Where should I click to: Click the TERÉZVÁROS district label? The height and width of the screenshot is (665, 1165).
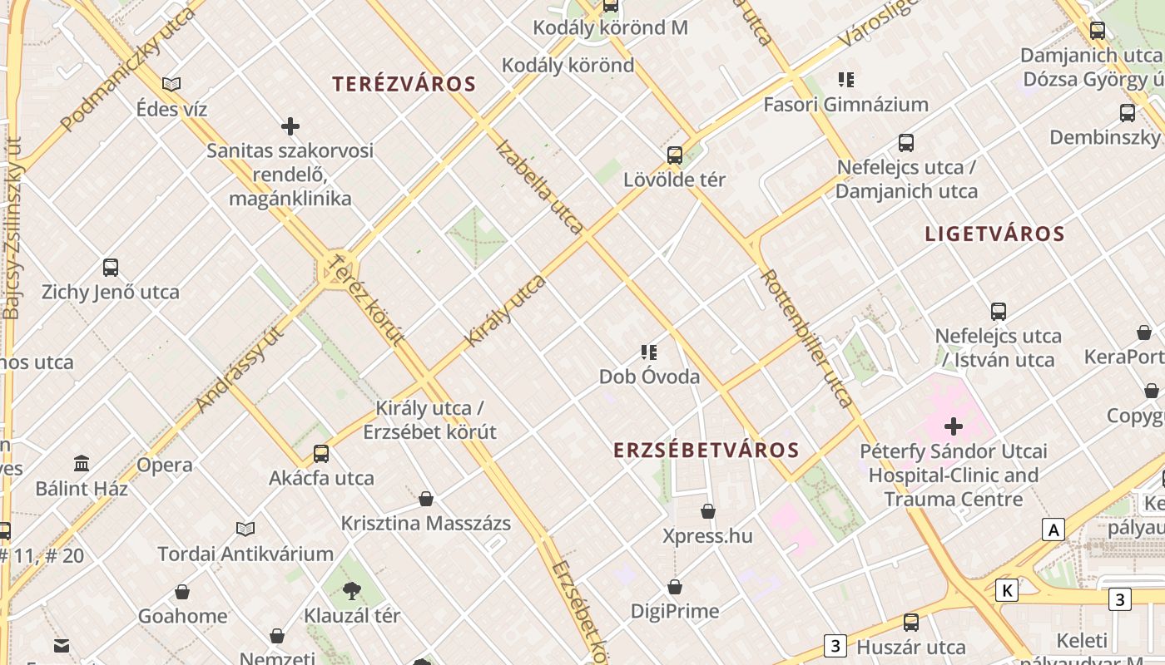(404, 84)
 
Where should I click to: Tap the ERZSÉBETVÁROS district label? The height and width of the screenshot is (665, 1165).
(706, 451)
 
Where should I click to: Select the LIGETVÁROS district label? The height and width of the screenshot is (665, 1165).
(994, 234)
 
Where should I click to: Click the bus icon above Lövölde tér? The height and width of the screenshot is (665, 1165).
(675, 155)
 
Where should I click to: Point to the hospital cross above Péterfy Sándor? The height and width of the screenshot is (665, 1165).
(954, 427)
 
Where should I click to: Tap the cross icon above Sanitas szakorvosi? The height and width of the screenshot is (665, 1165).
(290, 126)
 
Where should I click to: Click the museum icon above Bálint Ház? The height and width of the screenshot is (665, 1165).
(82, 463)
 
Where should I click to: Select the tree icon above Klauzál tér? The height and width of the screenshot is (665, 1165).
(352, 591)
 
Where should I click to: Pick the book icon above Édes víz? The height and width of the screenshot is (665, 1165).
(171, 84)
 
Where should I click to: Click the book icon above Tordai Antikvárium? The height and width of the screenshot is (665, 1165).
(245, 529)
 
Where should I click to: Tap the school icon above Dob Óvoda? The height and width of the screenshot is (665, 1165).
(649, 352)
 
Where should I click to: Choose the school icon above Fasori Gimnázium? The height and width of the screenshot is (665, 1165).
(846, 80)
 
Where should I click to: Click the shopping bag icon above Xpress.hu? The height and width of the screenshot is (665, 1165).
(708, 511)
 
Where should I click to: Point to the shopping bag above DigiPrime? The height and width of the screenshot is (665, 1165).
(675, 587)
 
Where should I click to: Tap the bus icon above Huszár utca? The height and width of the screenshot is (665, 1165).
(911, 623)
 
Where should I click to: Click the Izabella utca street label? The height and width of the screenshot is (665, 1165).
(539, 187)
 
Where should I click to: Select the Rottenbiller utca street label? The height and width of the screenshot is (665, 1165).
(806, 337)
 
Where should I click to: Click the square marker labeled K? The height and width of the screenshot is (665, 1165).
(1007, 591)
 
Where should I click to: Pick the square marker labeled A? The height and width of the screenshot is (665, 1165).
(1054, 530)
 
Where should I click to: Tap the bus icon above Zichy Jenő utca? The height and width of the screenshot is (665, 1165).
(111, 268)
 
